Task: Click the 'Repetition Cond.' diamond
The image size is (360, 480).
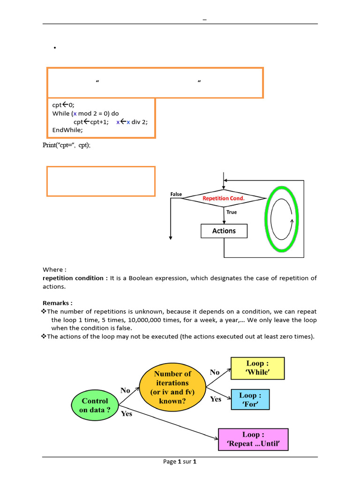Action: click(223, 198)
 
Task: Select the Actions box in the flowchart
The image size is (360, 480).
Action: click(224, 231)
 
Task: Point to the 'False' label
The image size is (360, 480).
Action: click(176, 194)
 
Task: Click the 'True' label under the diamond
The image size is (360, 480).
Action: click(232, 212)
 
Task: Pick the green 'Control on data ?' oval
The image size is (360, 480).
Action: click(95, 405)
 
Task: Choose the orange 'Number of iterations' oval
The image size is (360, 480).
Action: click(172, 388)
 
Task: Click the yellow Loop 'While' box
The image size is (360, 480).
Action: click(257, 368)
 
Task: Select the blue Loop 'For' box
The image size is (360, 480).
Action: click(251, 399)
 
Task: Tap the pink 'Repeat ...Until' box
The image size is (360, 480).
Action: click(253, 440)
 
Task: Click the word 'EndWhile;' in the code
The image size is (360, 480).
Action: click(67, 130)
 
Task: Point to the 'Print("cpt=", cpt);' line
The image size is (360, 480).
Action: click(67, 145)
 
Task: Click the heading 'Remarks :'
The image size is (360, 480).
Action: click(58, 303)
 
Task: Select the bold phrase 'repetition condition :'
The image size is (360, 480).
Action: click(75, 278)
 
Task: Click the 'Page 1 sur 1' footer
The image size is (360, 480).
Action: click(180, 462)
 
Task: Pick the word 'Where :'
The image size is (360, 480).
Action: click(54, 270)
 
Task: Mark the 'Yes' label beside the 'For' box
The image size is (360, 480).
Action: click(216, 399)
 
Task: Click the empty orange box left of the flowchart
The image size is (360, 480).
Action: click(101, 181)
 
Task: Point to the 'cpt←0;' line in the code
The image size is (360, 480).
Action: click(63, 105)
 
